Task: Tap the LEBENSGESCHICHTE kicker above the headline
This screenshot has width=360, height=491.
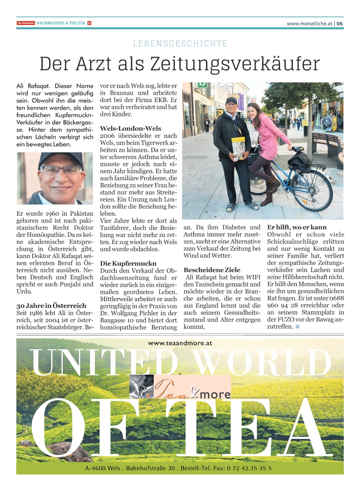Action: click(x=180, y=44)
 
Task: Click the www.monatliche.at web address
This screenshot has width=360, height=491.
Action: click(x=309, y=23)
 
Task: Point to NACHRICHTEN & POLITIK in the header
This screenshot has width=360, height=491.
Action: click(x=61, y=23)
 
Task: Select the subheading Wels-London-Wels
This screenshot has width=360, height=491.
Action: click(x=131, y=128)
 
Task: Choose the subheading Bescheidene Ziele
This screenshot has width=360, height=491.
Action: click(x=212, y=270)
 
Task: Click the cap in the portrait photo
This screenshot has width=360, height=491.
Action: click(x=60, y=159)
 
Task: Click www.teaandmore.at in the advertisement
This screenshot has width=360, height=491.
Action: click(x=180, y=343)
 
